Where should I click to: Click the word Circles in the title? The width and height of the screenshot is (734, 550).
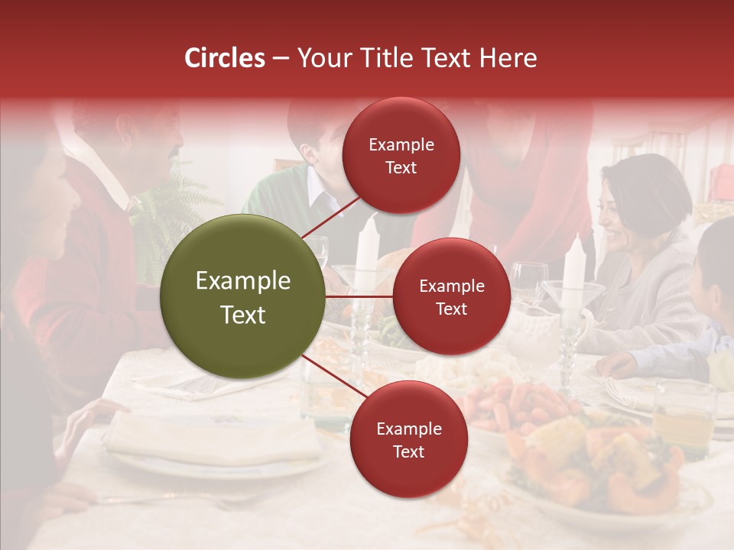(224, 58)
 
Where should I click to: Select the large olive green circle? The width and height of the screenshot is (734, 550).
(243, 296)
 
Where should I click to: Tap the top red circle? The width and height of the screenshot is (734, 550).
(401, 155)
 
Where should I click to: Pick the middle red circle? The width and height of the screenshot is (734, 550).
(451, 296)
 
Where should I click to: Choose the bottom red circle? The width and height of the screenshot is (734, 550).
(408, 439)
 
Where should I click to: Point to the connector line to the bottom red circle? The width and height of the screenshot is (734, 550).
(333, 377)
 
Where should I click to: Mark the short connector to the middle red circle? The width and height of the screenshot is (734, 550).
(359, 296)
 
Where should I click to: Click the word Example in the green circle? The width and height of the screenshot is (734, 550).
(243, 281)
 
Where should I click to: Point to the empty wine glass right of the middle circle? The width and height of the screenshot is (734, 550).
(528, 280)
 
